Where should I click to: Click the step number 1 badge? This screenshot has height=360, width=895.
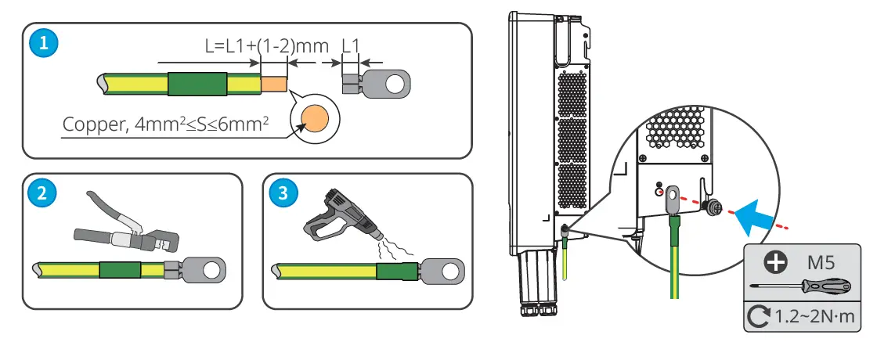point(43,44)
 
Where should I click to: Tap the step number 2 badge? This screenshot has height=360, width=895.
point(43,194)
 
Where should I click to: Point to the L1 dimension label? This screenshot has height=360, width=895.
point(350,45)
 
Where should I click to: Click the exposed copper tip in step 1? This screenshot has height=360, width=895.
point(274,82)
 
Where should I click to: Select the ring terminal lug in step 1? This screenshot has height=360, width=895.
point(384,82)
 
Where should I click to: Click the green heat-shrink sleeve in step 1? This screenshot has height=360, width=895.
point(197,82)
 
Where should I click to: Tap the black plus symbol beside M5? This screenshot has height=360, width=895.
point(775,262)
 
